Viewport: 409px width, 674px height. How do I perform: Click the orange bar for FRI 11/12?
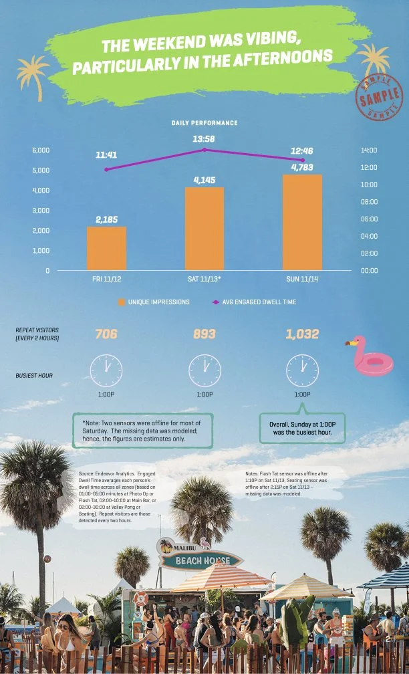[106, 248]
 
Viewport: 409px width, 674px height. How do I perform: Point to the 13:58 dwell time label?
[203, 139]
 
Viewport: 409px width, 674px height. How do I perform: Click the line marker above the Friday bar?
[106, 169]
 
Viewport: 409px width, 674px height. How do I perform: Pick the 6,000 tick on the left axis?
[41, 150]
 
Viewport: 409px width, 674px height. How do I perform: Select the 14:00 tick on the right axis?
[369, 150]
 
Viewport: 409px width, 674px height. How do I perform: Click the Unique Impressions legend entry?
[153, 302]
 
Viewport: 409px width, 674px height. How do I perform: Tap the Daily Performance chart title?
[204, 123]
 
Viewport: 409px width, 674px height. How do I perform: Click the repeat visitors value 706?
[106, 334]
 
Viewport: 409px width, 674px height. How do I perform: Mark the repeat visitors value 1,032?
[302, 334]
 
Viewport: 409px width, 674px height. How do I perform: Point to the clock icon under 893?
[204, 369]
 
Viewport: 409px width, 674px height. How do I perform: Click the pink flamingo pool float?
[372, 356]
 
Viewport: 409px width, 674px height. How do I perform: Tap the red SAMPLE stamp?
[379, 98]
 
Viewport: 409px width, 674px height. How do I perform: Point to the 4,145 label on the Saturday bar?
[204, 180]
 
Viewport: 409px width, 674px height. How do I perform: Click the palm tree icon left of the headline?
[32, 73]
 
